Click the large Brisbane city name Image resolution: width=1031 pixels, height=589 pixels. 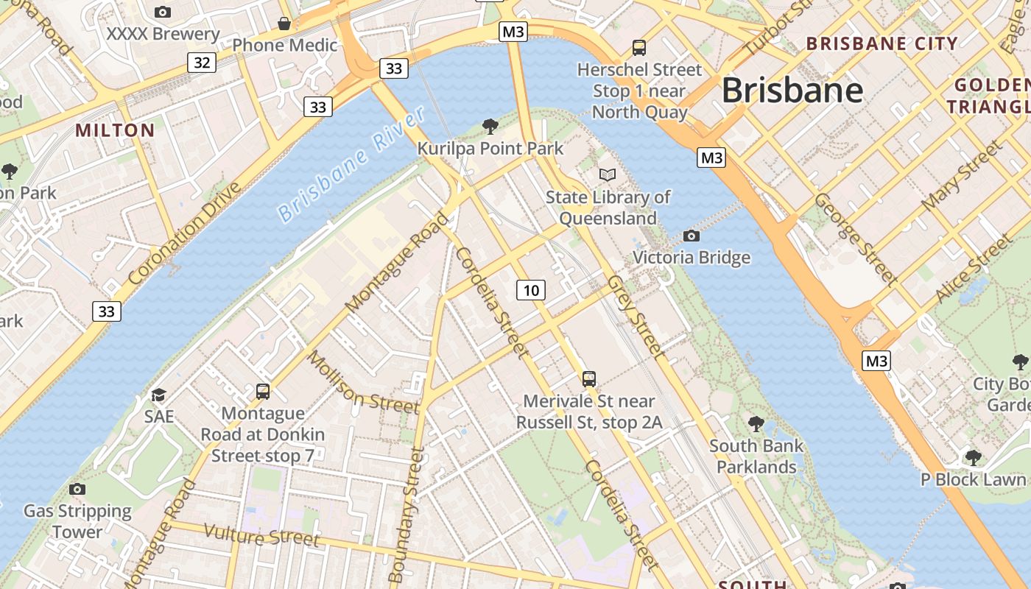(x=792, y=91)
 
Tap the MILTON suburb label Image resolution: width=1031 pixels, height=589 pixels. (x=116, y=131)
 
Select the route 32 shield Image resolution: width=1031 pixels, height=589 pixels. (x=201, y=63)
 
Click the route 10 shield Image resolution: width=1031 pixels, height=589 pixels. (x=530, y=290)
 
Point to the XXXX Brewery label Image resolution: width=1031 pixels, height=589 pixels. (x=163, y=34)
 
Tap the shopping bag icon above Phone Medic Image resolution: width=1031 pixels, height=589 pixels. (x=284, y=24)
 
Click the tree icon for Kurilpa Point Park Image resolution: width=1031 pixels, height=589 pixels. (x=490, y=127)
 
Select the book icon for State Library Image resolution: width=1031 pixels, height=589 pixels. (x=607, y=174)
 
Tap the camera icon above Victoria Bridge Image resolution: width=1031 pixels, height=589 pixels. (x=691, y=236)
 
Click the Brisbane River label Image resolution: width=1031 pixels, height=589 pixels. (x=352, y=164)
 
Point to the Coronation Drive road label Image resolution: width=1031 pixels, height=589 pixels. (x=184, y=233)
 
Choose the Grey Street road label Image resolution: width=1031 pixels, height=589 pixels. (x=636, y=317)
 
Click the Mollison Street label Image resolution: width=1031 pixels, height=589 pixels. (x=362, y=381)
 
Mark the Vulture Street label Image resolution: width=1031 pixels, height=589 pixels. (x=261, y=535)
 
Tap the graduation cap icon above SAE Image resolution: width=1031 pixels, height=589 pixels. (x=158, y=395)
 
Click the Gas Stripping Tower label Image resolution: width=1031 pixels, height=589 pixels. (x=77, y=521)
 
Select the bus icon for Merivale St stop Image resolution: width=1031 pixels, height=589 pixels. (x=589, y=379)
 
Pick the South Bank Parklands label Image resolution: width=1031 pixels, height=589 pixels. (x=756, y=456)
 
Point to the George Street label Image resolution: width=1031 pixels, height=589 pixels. (x=855, y=239)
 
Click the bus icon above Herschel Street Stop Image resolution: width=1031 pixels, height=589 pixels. (x=639, y=48)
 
